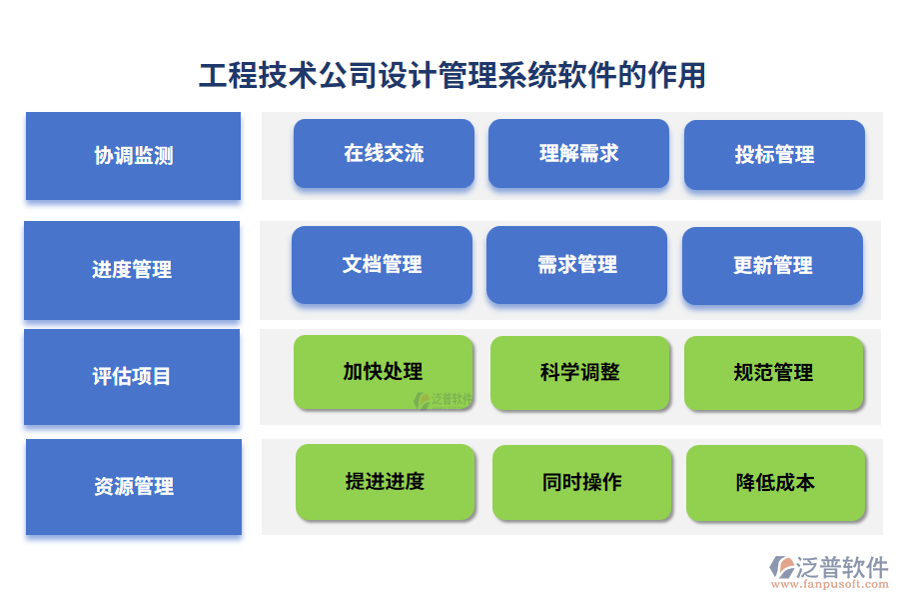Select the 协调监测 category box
(133, 156)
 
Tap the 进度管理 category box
(132, 270)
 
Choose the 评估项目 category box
(132, 377)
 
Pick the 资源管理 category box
(134, 487)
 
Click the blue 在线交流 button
(384, 154)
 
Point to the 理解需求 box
(578, 154)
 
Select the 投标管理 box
(774, 155)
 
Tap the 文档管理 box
(382, 265)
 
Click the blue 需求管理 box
(576, 265)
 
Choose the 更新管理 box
(772, 266)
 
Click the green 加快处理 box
(383, 372)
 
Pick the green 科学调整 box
(579, 373)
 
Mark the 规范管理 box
(773, 373)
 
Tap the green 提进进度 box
(385, 482)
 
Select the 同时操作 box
(581, 483)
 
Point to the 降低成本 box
(775, 483)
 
